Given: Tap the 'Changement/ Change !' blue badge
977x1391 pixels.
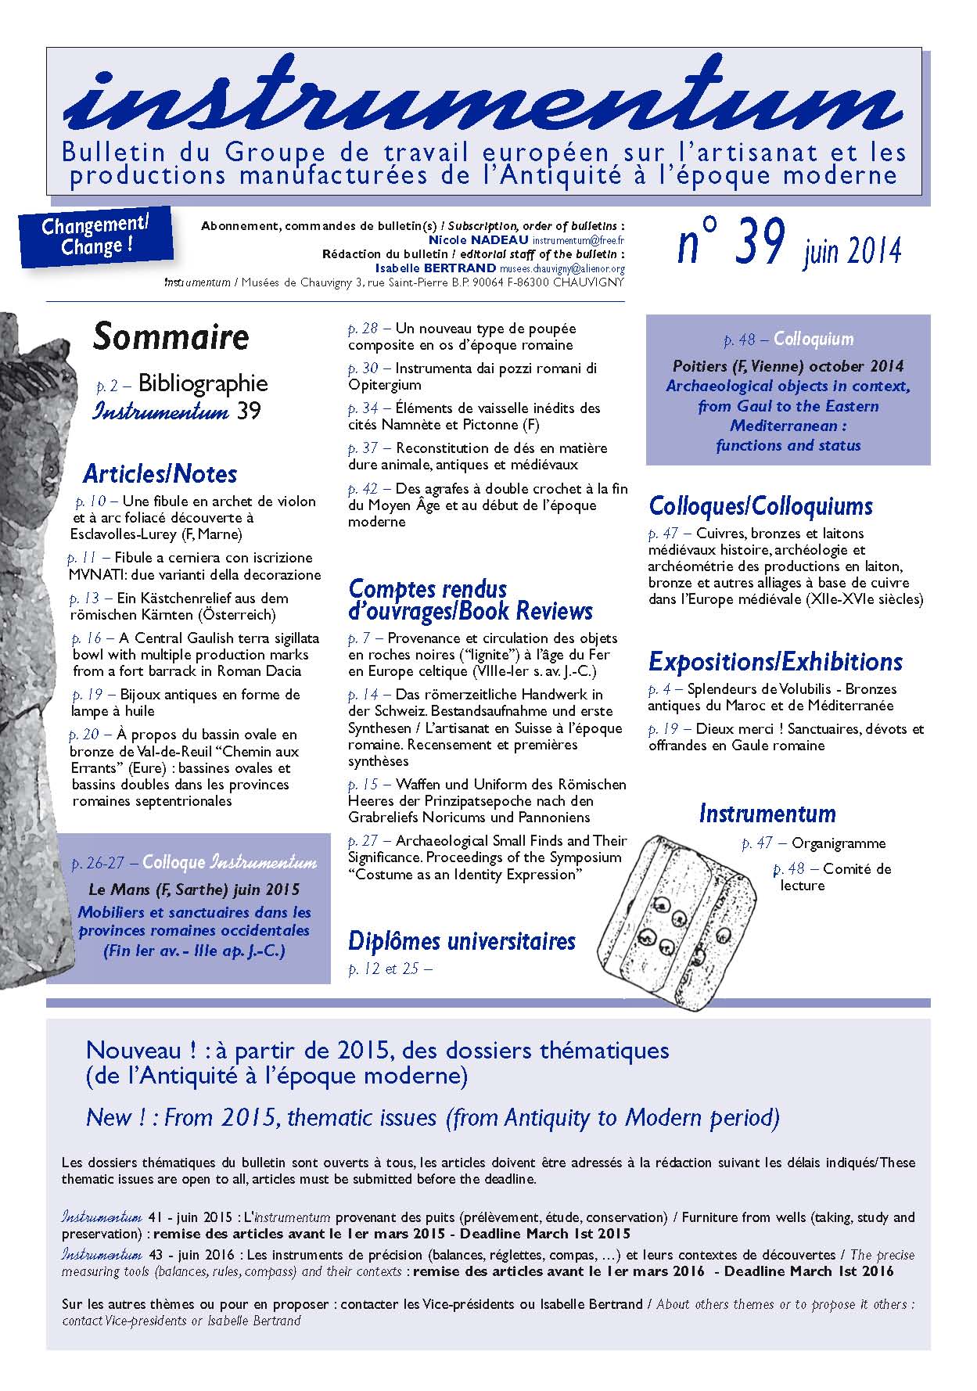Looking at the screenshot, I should tap(95, 235).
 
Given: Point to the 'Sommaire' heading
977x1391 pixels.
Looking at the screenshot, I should tap(171, 337).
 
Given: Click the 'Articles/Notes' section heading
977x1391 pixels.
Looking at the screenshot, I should tap(160, 474).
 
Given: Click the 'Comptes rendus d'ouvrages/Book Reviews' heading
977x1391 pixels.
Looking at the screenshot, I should tap(470, 600).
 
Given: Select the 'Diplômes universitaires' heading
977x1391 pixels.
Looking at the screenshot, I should tap(462, 941).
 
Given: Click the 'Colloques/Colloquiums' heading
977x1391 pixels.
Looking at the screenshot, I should tap(760, 506).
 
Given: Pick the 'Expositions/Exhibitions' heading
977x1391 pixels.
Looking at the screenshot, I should tap(775, 662).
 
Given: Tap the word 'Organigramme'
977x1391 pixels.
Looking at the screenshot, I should tap(839, 843).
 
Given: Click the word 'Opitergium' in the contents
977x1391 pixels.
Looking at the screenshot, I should tap(385, 385).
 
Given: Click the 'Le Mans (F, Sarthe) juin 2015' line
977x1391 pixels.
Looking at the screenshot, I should tap(194, 890).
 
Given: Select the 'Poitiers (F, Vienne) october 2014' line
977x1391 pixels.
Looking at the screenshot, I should tap(788, 366).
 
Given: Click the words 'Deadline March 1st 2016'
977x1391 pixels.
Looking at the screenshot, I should tap(808, 1271).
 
